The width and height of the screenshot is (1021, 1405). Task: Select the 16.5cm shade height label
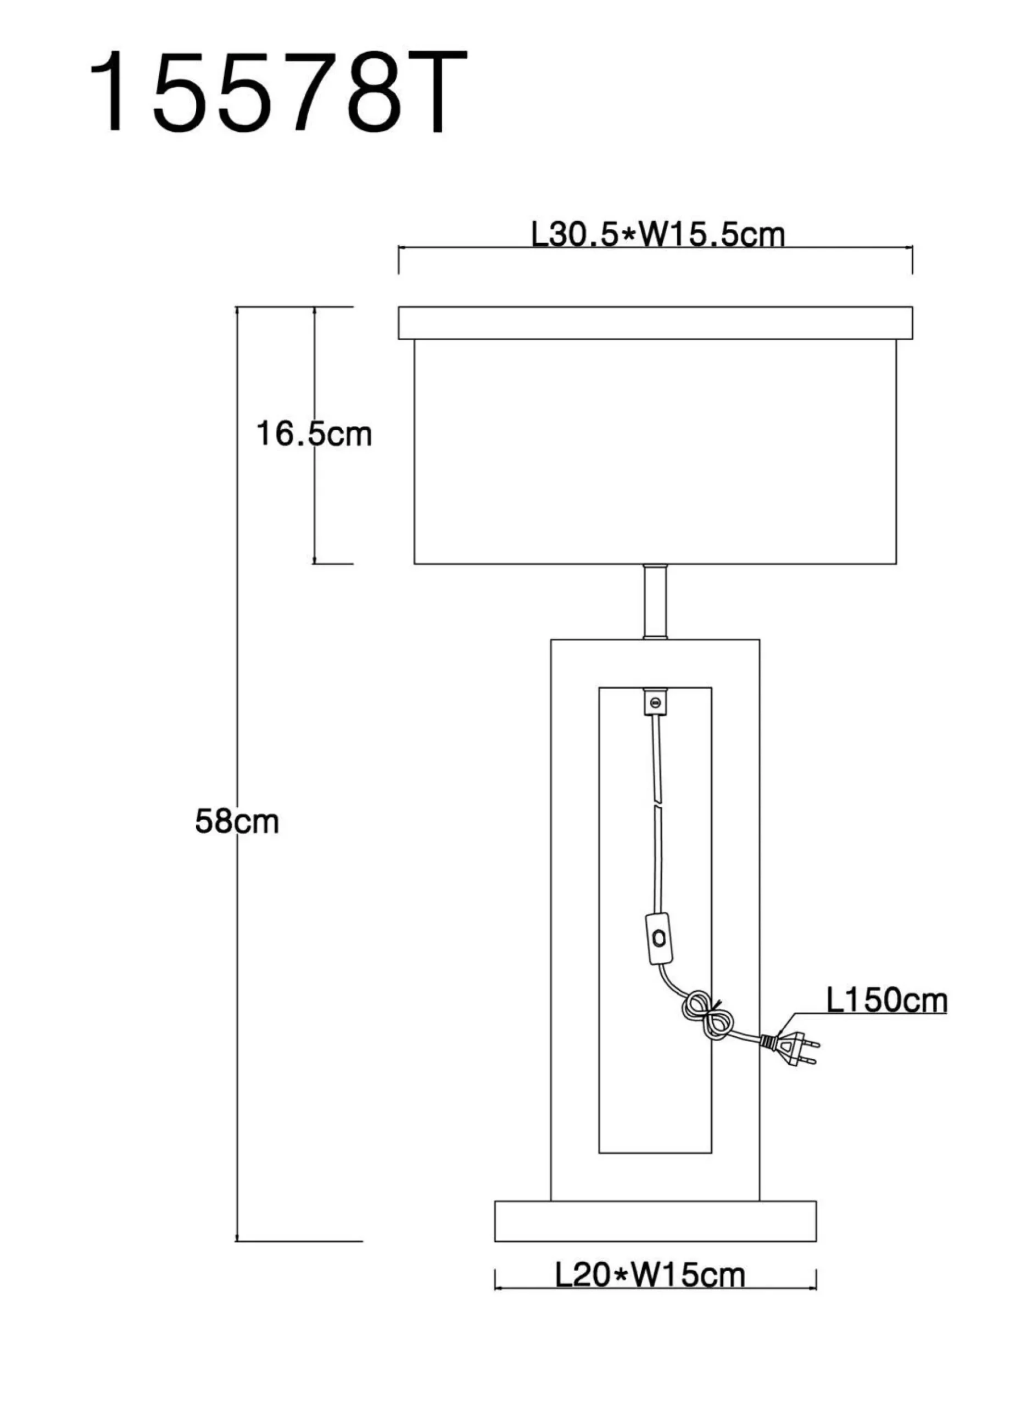tap(314, 434)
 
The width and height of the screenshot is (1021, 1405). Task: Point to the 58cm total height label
tap(237, 822)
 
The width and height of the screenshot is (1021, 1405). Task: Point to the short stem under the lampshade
tap(655, 601)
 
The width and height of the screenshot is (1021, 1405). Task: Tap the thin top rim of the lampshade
tap(655, 323)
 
